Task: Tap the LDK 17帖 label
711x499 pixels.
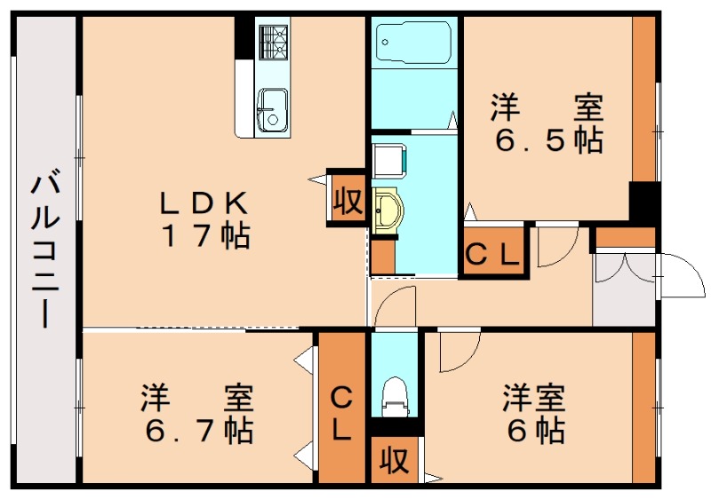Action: [x=204, y=219]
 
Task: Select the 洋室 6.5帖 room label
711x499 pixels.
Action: [x=547, y=124]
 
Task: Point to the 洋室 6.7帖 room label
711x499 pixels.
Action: [x=197, y=413]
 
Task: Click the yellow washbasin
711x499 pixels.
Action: [x=387, y=211]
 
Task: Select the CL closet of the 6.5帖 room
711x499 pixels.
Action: [x=492, y=255]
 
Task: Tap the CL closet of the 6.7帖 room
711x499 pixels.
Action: [x=342, y=416]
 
